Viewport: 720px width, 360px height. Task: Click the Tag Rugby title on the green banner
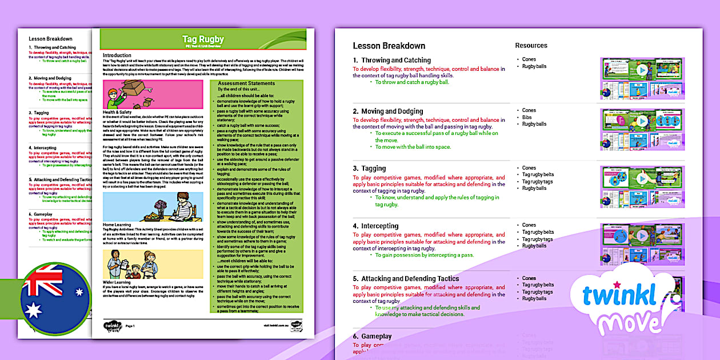tap(203, 39)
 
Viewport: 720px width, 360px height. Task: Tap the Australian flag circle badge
tap(54, 299)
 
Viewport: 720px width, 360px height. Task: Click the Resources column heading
tap(531, 46)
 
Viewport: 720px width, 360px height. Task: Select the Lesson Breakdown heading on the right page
tap(389, 46)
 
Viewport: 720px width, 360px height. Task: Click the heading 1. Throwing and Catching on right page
tap(391, 60)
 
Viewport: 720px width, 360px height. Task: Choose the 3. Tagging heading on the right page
tap(369, 169)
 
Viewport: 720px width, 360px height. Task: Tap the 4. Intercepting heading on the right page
tap(375, 226)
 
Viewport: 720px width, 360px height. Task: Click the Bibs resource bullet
tap(528, 117)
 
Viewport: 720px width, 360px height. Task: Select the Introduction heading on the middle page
tap(117, 55)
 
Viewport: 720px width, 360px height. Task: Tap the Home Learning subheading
tap(117, 225)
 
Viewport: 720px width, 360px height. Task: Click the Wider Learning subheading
tap(117, 282)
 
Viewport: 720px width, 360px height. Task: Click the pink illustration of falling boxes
tap(153, 94)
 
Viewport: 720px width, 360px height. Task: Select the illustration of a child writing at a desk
tap(153, 206)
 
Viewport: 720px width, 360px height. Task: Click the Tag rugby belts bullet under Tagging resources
tap(537, 175)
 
